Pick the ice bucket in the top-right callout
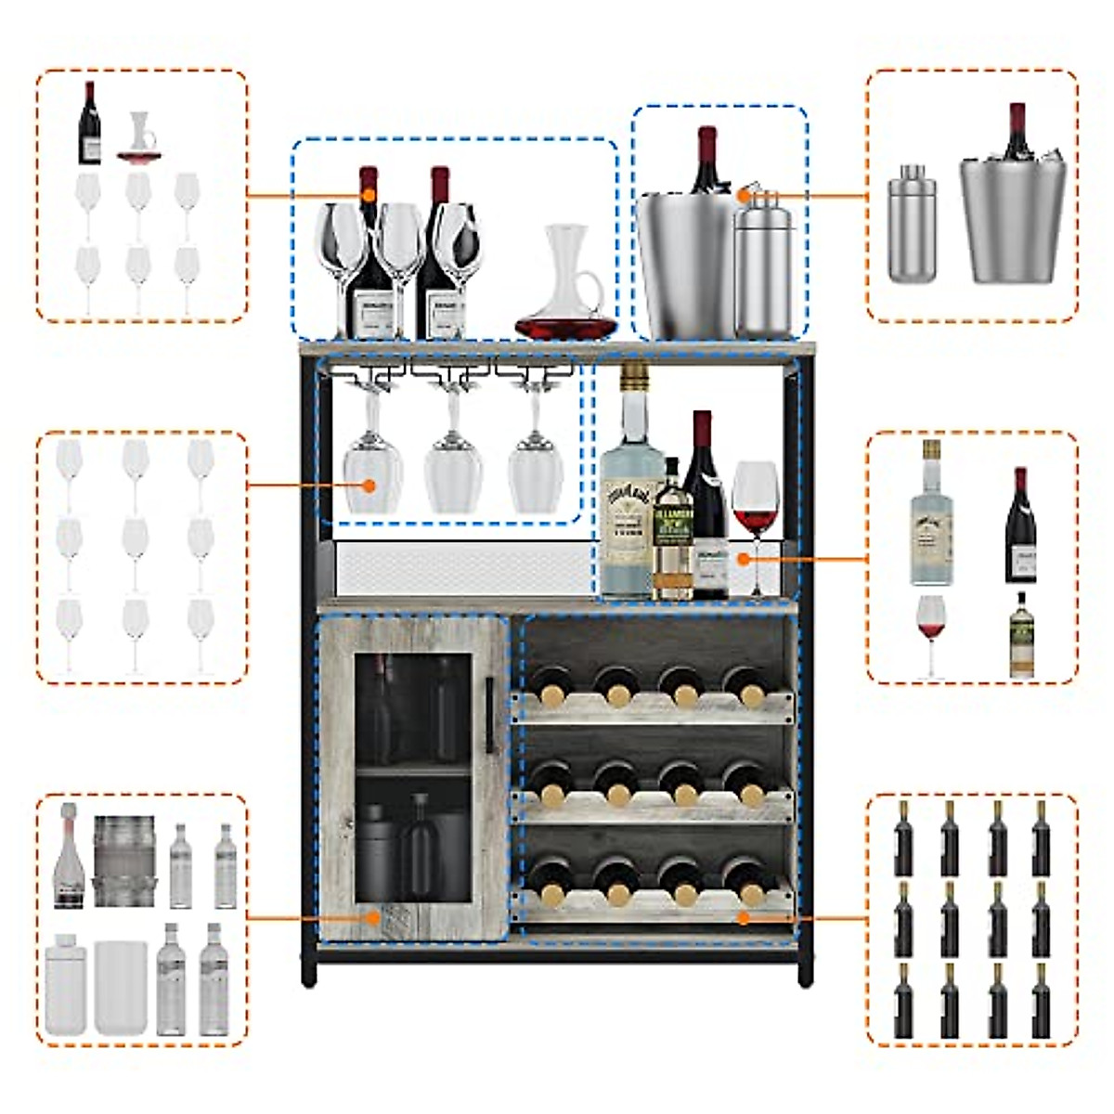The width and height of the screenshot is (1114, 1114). pos(1013,218)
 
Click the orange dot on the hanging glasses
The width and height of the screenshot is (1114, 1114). pos(369,485)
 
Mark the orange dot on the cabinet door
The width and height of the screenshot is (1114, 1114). pos(373,917)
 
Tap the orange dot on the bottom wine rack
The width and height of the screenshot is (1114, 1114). pos(744,917)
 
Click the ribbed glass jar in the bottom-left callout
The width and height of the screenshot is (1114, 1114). pos(123,861)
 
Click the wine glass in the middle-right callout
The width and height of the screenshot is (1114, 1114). pos(930,631)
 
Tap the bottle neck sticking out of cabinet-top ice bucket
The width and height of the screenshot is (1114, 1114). pos(707,158)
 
